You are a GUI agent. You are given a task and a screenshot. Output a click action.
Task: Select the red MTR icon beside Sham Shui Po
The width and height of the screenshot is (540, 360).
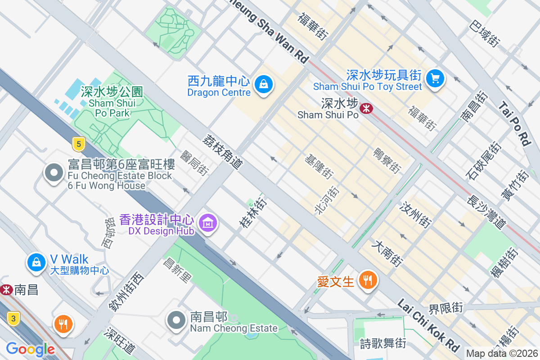click(365, 108)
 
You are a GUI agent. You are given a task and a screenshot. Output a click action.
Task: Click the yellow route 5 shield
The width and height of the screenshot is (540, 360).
click(79, 144)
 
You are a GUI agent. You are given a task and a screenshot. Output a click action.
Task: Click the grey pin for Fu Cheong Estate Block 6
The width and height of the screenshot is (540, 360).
click(54, 173)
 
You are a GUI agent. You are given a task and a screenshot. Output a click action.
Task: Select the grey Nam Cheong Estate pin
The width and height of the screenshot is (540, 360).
click(176, 320)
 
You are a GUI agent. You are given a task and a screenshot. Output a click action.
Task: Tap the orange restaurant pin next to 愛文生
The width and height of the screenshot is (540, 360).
click(368, 280)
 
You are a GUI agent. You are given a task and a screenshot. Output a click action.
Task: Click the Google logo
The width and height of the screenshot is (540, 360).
click(30, 349)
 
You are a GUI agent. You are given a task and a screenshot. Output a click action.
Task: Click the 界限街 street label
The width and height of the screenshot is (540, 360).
click(445, 309)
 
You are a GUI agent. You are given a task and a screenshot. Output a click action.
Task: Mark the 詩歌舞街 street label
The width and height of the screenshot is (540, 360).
click(383, 343)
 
